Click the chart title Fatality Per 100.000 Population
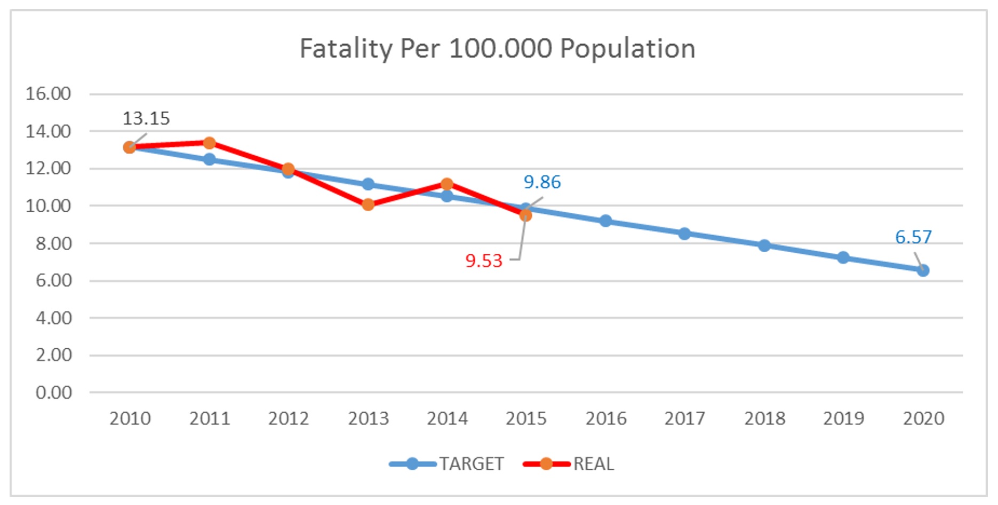click(497, 49)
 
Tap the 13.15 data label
click(146, 118)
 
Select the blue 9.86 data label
click(542, 182)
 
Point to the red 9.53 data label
click(484, 261)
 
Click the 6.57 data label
click(913, 237)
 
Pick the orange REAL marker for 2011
click(209, 143)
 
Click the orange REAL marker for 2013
click(368, 205)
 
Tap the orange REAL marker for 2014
click(447, 184)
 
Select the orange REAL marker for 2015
click(526, 215)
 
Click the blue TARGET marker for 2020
click(923, 271)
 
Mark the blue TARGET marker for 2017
click(685, 234)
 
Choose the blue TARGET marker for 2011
click(209, 159)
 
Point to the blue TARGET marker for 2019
click(843, 258)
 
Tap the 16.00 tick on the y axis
click(48, 94)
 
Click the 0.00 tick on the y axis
click(53, 392)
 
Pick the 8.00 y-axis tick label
click(53, 244)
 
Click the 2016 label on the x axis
click(606, 419)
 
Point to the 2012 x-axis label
click(289, 419)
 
